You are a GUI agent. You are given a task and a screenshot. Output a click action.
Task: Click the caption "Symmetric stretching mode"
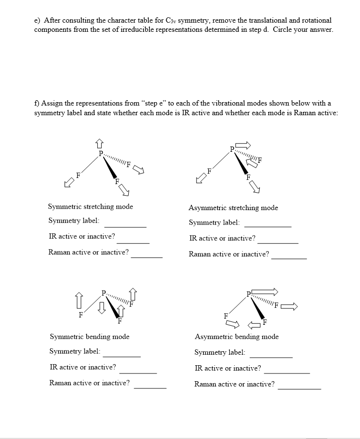[x=90, y=207]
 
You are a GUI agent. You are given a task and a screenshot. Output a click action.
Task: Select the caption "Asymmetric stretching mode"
[x=233, y=208]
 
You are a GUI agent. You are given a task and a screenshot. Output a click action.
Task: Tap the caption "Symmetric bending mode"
[x=89, y=336]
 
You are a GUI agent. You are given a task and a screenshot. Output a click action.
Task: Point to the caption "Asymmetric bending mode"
[x=236, y=336]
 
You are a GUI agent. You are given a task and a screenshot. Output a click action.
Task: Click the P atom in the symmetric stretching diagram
[x=100, y=153]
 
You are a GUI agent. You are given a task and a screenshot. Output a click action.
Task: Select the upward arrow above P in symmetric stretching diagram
[x=99, y=143]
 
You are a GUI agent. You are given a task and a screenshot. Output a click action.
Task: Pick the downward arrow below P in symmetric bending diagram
[x=101, y=306]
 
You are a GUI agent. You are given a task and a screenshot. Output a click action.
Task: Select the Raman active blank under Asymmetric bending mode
[x=299, y=388]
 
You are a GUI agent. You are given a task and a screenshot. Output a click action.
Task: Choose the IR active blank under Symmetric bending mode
[x=137, y=372]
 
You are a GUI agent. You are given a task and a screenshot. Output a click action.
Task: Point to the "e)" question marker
[x=37, y=21]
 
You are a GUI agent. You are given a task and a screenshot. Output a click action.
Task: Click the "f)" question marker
[x=37, y=104]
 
